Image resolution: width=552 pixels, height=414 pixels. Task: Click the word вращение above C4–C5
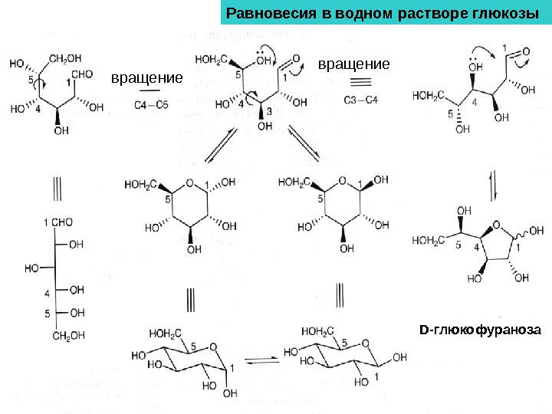point(147,77)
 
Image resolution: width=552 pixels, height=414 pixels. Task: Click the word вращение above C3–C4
point(353,63)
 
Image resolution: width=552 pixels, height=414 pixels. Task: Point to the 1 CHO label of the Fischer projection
point(58,222)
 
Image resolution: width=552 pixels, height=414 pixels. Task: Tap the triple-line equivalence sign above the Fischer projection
point(57,187)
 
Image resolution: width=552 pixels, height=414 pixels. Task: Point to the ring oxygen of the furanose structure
point(498,225)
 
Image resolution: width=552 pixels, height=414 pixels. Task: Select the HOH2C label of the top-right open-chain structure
point(428,96)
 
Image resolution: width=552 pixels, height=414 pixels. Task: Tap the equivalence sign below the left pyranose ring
point(190,297)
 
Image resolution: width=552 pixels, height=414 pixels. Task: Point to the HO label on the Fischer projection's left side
point(32,268)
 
